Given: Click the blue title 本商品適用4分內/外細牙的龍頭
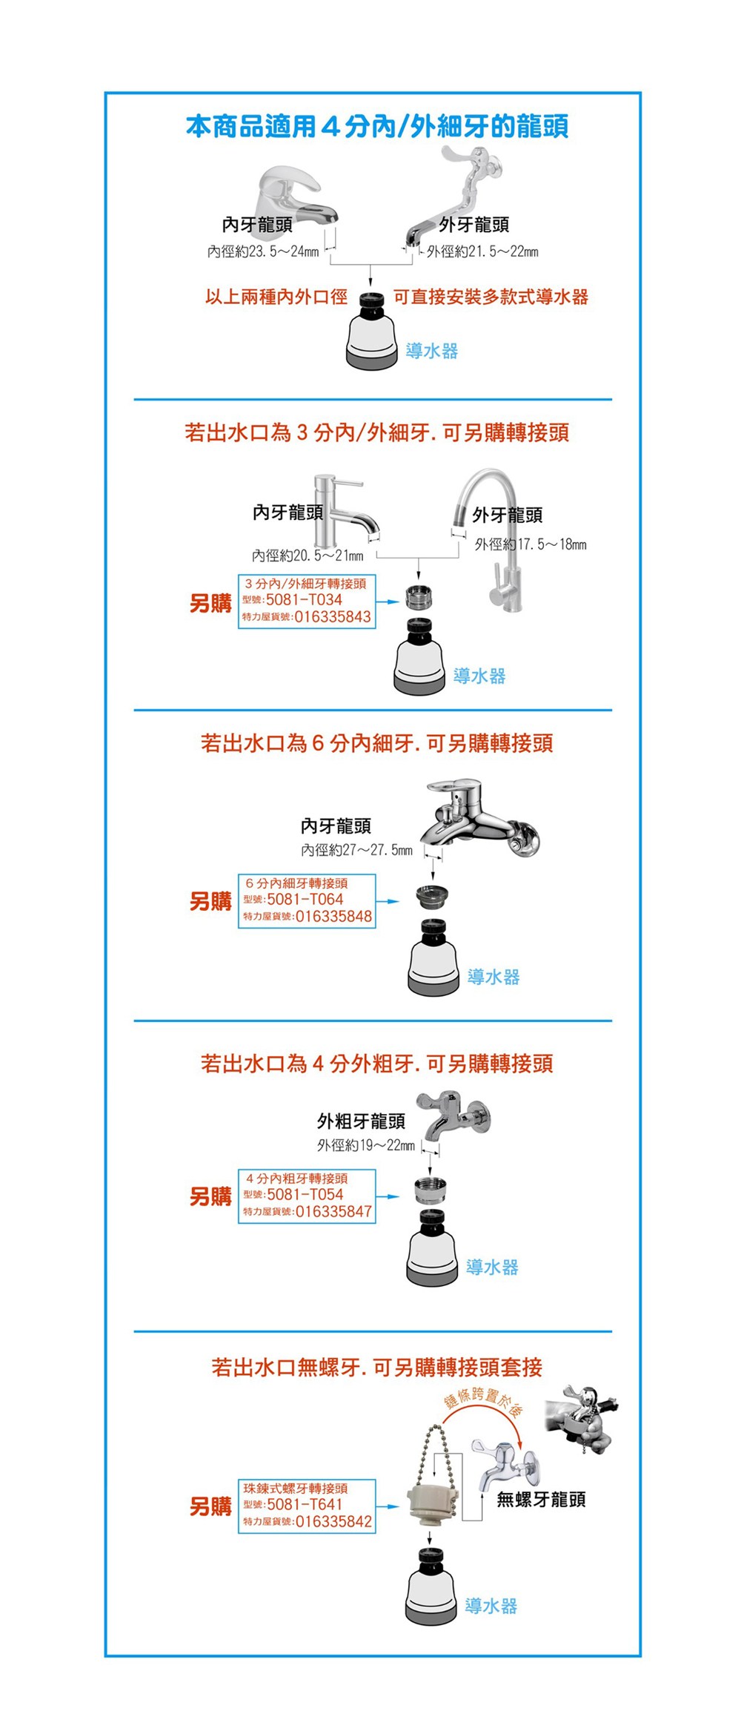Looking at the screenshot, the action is click(x=377, y=127).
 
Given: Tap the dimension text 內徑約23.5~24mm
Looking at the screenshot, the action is click(x=263, y=252).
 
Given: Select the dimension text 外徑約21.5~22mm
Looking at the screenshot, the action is click(x=482, y=252).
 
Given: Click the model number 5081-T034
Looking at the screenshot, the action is click(x=304, y=599).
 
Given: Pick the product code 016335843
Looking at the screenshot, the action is click(x=333, y=617).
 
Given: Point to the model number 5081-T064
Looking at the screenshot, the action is click(x=305, y=899).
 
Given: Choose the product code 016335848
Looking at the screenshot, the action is click(x=333, y=917).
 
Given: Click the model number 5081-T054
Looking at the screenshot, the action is click(x=305, y=1194).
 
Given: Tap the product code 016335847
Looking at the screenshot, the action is click(x=333, y=1212).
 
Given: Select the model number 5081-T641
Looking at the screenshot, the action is click(x=305, y=1504).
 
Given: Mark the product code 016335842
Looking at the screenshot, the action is click(x=333, y=1522).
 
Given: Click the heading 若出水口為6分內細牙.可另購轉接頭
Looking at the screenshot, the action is click(x=377, y=743).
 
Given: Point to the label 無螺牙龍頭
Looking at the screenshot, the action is click(x=541, y=1499).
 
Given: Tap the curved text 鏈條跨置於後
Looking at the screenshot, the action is click(x=482, y=1399).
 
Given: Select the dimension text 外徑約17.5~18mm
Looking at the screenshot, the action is click(x=531, y=544).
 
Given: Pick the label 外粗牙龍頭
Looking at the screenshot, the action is click(x=362, y=1121).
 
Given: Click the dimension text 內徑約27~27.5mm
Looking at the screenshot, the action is click(x=356, y=850).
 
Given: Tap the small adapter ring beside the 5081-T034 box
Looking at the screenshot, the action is click(x=419, y=595).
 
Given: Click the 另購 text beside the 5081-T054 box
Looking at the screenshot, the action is click(x=210, y=1196).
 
